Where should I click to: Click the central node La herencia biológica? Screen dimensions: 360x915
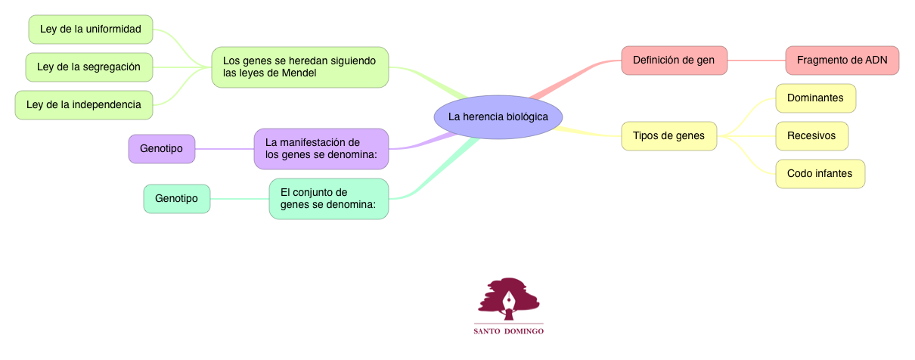[498, 117]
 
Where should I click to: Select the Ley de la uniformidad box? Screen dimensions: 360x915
[90, 29]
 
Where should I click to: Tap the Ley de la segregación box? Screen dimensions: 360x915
[89, 67]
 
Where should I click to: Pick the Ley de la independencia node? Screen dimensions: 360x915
[84, 104]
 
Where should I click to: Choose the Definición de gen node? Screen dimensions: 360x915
[674, 61]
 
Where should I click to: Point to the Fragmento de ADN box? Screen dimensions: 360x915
[842, 61]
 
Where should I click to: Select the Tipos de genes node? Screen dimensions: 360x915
[668, 136]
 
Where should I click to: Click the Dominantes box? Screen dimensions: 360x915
[814, 98]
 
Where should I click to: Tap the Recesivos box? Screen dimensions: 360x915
[811, 136]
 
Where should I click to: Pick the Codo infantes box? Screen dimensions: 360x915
[820, 174]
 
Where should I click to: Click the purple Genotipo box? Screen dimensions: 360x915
[161, 149]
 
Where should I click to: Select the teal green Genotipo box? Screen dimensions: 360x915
[176, 199]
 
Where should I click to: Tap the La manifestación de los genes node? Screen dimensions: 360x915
[321, 149]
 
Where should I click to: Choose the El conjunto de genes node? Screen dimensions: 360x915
[328, 199]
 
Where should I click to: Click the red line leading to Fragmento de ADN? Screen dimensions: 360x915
[756, 61]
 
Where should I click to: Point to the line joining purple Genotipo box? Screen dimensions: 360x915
[224, 149]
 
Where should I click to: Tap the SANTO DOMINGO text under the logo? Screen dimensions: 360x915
[508, 331]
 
